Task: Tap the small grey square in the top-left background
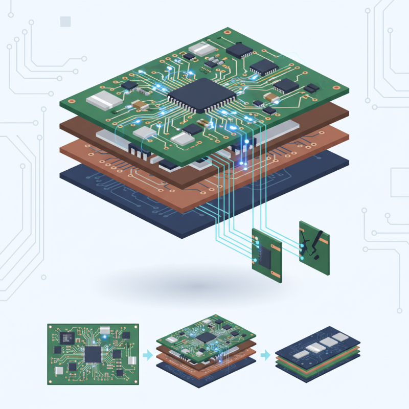[65, 21]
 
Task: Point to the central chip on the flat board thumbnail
[93, 353]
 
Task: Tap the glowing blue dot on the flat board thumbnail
[105, 338]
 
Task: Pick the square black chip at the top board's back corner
[239, 50]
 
